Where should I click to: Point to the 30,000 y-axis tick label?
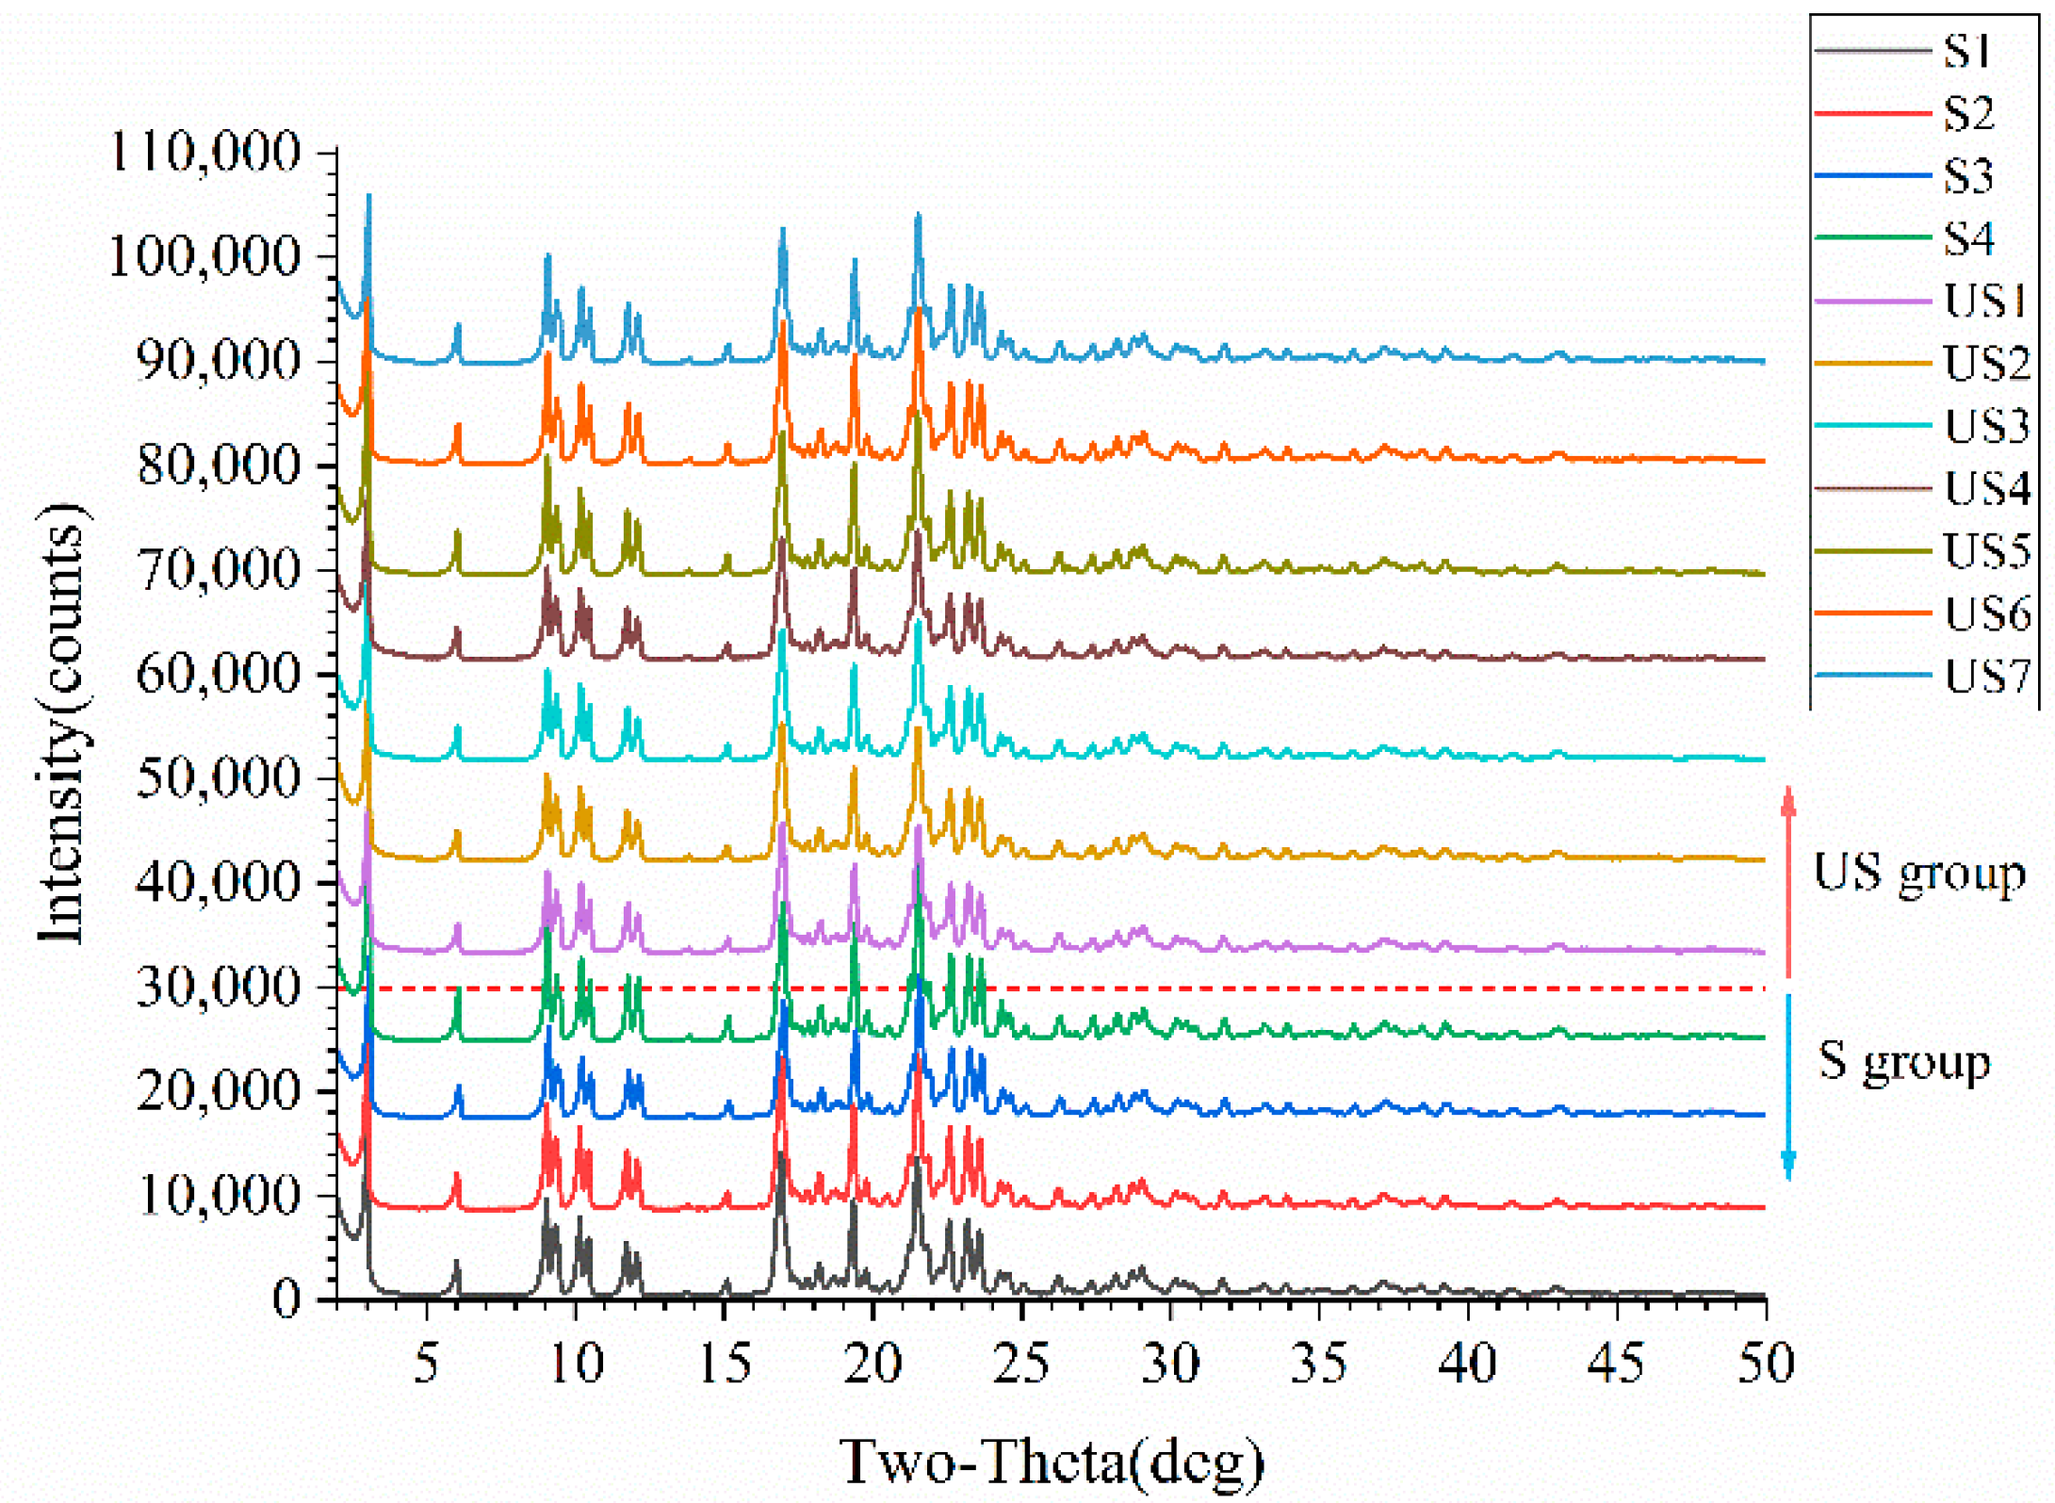pyautogui.click(x=218, y=988)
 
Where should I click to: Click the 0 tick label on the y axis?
pyautogui.click(x=286, y=1300)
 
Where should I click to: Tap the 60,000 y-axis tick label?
pyautogui.click(x=218, y=674)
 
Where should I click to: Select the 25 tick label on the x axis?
pyautogui.click(x=1020, y=1364)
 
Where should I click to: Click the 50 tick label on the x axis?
pyautogui.click(x=1765, y=1364)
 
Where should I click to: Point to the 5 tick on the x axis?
pyautogui.click(x=426, y=1364)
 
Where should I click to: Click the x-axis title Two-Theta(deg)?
pyautogui.click(x=1051, y=1462)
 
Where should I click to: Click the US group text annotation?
pyautogui.click(x=1918, y=874)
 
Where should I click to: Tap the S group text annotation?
pyautogui.click(x=1903, y=1061)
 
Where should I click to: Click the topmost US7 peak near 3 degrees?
pyautogui.click(x=368, y=197)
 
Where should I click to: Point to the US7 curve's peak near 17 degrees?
pyautogui.click(x=782, y=231)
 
